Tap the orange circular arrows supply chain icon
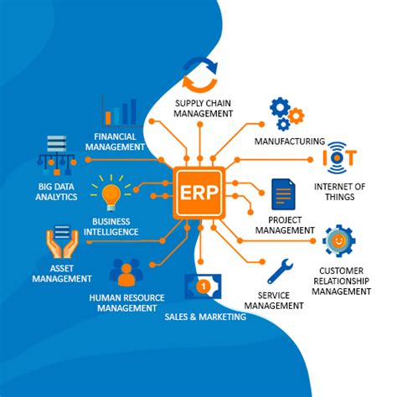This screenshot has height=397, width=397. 201,75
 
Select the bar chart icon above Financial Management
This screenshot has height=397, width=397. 121,111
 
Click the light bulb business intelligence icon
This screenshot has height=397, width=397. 111,193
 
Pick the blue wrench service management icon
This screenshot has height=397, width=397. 279,270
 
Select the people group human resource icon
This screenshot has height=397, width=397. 126,271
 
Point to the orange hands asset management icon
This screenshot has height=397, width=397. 61,243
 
